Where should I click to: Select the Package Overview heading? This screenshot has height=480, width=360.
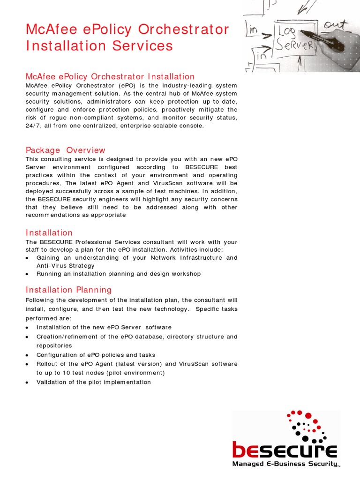click(x=66, y=150)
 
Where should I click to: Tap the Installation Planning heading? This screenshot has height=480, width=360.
click(x=68, y=290)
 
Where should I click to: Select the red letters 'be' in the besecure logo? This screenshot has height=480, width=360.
click(x=245, y=450)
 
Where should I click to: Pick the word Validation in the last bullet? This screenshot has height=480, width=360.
click(x=52, y=382)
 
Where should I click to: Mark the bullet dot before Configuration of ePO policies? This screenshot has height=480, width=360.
click(x=28, y=355)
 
